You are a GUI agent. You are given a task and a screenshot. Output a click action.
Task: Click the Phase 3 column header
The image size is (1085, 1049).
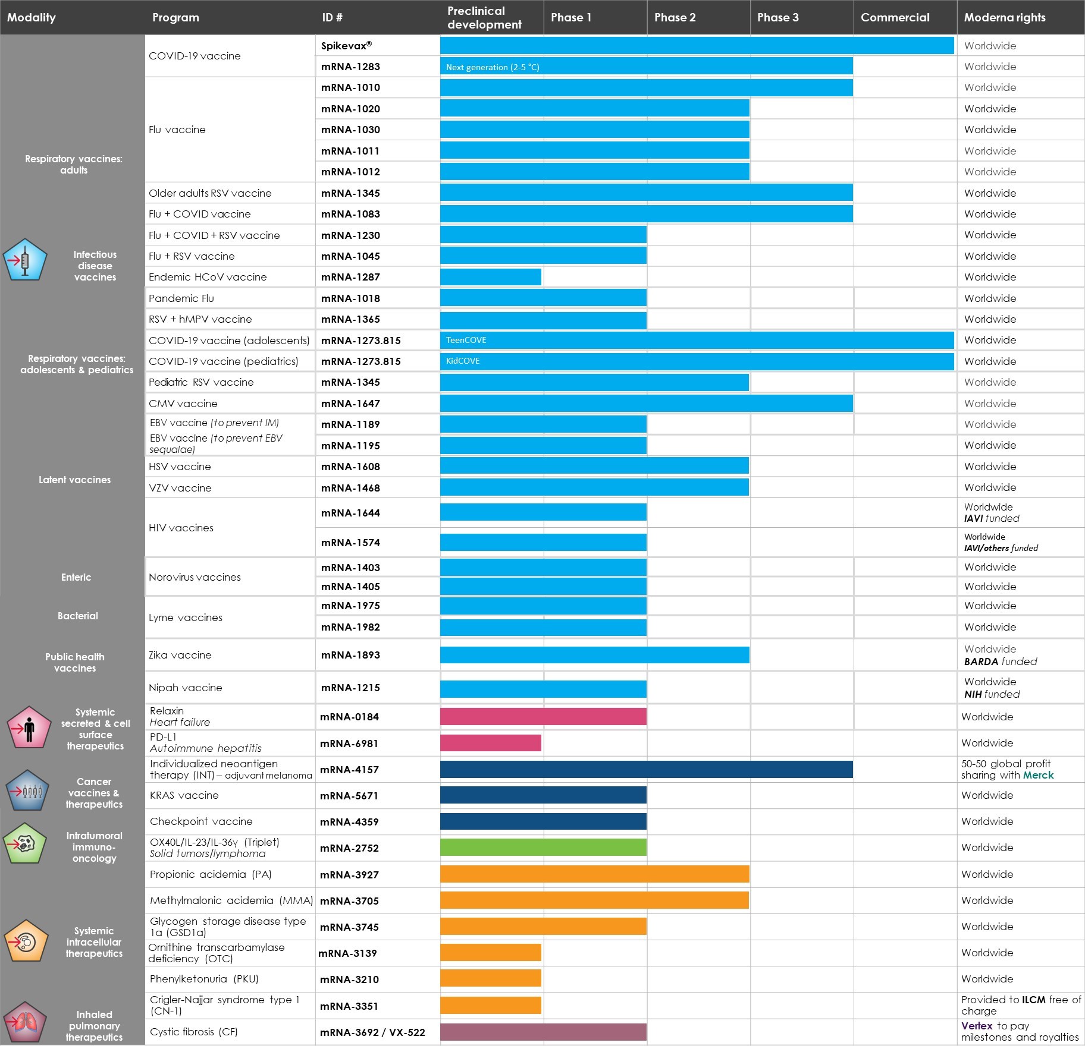point(777,17)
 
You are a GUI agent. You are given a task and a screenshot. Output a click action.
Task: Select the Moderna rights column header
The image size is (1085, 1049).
point(1004,17)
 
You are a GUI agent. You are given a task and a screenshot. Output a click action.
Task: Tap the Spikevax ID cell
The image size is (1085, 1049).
point(346,46)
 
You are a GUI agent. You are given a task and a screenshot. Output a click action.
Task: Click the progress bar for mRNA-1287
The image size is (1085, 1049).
point(491,277)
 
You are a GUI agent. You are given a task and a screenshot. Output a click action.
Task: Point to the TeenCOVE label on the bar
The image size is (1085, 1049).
point(466,340)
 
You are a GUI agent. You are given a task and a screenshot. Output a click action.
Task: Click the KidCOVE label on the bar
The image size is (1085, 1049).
point(463,361)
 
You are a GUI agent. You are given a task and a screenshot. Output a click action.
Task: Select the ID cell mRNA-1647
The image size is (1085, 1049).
point(350,404)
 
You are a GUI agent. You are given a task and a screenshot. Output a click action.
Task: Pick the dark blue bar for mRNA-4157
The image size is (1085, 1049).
point(646,769)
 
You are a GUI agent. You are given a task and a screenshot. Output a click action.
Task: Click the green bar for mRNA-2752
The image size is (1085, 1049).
point(543,848)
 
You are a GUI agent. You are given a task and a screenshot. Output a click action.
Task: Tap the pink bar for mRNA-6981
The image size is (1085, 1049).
point(491,743)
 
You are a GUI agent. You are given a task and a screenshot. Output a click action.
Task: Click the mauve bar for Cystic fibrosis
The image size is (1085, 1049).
point(543,1032)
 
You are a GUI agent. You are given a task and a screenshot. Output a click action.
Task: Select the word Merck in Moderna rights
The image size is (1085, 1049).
point(1038,775)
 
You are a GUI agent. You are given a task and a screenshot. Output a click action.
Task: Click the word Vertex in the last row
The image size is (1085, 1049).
point(977,1026)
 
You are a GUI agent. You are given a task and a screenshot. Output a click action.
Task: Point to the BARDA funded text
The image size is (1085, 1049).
point(1000,661)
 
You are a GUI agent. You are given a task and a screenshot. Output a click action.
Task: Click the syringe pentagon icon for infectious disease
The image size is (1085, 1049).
point(24,260)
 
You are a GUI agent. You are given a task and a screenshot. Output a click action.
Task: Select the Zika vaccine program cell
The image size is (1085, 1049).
point(180,655)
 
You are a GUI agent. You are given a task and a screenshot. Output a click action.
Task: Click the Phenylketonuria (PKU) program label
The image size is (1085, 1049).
point(204,979)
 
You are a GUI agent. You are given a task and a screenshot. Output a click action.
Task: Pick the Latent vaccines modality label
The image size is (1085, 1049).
point(74,480)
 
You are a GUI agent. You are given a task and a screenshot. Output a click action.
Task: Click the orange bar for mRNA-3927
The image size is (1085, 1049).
point(594,874)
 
